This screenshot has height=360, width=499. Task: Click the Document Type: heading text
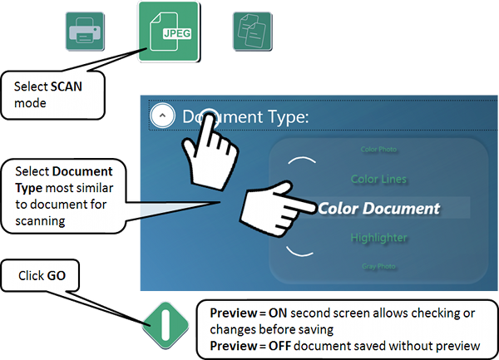pyautogui.click(x=245, y=116)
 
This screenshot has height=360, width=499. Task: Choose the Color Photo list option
pyautogui.click(x=378, y=150)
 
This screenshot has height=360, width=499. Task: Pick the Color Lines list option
pyautogui.click(x=378, y=178)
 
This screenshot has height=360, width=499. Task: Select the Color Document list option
pyautogui.click(x=378, y=208)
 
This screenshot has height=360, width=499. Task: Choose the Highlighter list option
pyautogui.click(x=378, y=238)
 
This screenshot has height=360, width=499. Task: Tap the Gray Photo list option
pyautogui.click(x=378, y=267)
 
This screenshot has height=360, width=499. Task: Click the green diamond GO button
pyautogui.click(x=166, y=321)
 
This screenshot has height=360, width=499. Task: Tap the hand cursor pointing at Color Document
pyautogui.click(x=270, y=208)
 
